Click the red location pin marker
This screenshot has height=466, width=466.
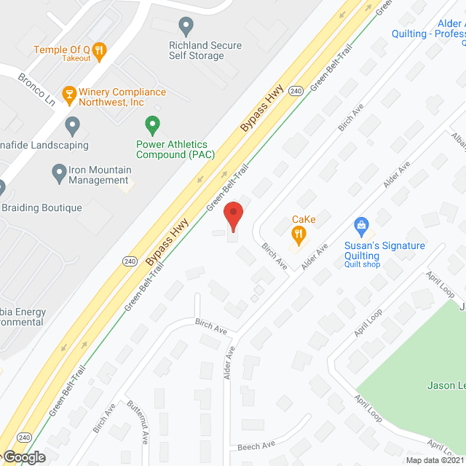click(x=233, y=216)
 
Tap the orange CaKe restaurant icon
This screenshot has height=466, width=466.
click(x=297, y=234)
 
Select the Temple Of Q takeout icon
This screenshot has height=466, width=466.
click(x=100, y=50)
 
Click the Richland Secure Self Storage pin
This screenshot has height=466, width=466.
click(x=186, y=27)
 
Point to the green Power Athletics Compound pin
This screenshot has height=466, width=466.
click(x=152, y=125)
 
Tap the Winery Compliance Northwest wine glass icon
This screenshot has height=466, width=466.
click(x=69, y=92)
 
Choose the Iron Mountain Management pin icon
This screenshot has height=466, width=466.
click(x=60, y=173)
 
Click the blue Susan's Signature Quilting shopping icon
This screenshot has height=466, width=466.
click(x=360, y=226)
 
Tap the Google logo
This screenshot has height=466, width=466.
click(x=23, y=457)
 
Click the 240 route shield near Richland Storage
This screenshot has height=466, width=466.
click(x=295, y=91)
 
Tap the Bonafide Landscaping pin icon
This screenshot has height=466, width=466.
click(x=72, y=125)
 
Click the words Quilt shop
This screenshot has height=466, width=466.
click(x=362, y=264)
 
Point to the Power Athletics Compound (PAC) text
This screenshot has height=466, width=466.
click(x=172, y=149)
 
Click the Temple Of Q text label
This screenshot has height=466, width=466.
click(x=60, y=50)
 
